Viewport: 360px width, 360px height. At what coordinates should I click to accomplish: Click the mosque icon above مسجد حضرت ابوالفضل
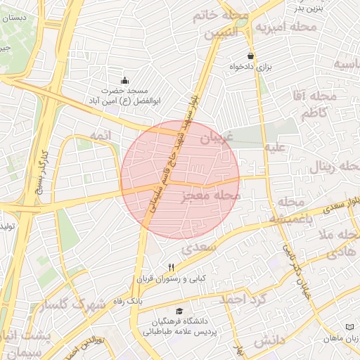pos(125,79)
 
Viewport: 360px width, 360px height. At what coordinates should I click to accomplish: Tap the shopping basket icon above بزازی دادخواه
pos(251,56)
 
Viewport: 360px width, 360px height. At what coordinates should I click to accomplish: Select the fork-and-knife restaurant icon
pos(171,268)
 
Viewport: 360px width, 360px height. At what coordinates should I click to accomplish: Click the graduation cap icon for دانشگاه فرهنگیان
pos(179,311)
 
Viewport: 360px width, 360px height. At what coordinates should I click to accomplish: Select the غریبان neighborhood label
pos(216,139)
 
